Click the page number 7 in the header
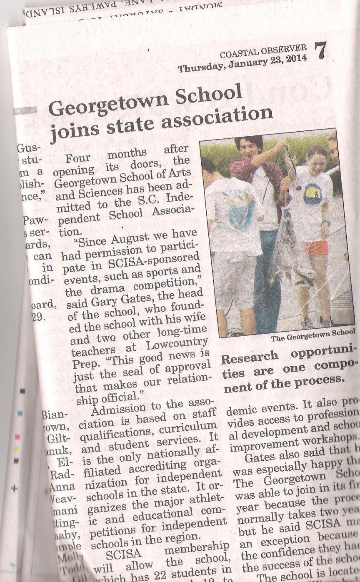[321, 51]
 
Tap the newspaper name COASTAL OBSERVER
[263, 52]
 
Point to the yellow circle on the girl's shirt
[313, 194]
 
